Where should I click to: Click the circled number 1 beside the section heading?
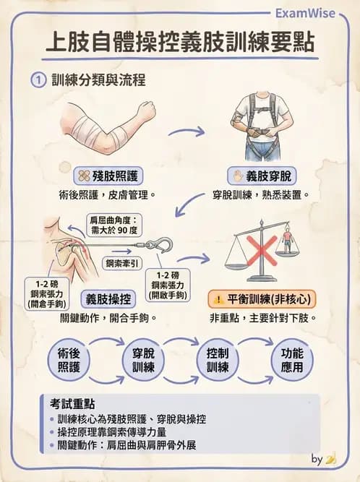tap(37, 80)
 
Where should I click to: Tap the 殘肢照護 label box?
tap(108, 176)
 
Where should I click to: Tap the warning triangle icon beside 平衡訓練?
tap(218, 298)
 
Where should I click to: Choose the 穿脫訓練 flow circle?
tap(142, 359)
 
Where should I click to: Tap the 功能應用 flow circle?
tap(293, 359)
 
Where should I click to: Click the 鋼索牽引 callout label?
tap(122, 262)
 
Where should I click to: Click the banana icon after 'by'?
tap(331, 458)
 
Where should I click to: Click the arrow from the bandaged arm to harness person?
tap(186, 132)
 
